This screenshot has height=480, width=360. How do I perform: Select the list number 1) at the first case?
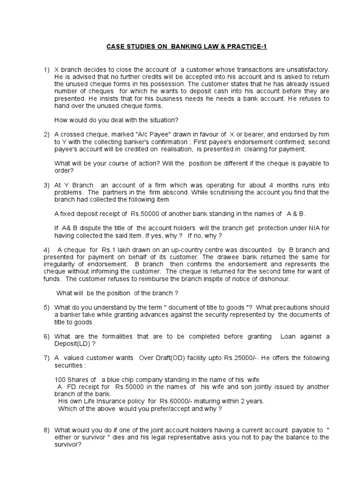click(x=46, y=69)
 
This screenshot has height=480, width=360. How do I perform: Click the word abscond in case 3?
click(x=191, y=192)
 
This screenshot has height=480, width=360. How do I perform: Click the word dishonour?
click(x=273, y=278)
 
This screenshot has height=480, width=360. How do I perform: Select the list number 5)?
click(x=46, y=307)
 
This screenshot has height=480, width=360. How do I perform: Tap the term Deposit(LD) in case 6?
click(x=73, y=344)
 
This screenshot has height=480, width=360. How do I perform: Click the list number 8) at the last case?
click(x=46, y=430)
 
